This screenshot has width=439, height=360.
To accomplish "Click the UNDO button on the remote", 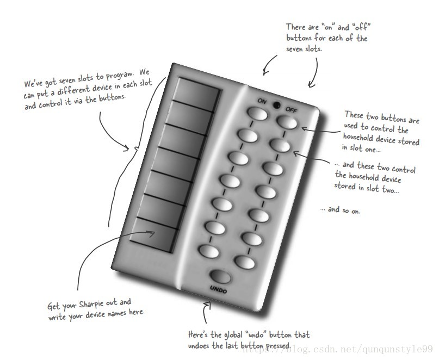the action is (x=221, y=276).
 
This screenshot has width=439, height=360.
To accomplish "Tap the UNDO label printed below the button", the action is (x=218, y=289).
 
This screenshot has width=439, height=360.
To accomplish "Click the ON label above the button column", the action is (x=262, y=101).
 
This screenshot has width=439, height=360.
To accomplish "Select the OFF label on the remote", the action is (x=291, y=109).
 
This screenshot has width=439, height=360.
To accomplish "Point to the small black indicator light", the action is (x=276, y=105).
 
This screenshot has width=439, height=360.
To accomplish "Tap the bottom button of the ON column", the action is (x=209, y=251).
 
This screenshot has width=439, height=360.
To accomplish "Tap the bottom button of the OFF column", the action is (x=245, y=262).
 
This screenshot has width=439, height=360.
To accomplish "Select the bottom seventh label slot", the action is (x=154, y=234).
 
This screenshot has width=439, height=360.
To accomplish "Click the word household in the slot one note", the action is (x=358, y=138).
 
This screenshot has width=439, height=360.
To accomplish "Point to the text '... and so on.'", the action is (x=340, y=210).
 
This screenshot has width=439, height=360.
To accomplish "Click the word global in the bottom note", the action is (x=233, y=335).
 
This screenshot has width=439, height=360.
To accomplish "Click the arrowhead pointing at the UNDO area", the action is (x=207, y=305).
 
